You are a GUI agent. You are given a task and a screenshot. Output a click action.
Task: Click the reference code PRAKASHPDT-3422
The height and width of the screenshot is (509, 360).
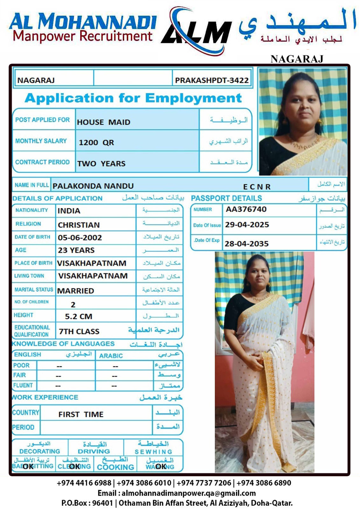212,80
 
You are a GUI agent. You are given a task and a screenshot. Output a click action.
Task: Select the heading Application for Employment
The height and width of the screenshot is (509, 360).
133,98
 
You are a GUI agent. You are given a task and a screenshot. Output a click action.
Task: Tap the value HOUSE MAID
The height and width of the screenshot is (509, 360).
103,122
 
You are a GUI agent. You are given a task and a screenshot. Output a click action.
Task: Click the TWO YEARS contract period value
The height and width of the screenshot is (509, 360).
101,164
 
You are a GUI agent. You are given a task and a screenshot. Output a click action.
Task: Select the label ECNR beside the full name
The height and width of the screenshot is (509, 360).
257,187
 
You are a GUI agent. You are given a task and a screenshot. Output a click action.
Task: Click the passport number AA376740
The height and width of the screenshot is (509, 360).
246,209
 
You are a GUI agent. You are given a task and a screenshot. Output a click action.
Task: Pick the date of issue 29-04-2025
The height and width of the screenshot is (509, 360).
247,225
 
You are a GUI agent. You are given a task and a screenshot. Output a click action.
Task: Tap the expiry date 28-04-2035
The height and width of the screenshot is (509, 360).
247,244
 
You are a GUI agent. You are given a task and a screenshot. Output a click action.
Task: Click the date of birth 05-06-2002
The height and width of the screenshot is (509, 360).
80,238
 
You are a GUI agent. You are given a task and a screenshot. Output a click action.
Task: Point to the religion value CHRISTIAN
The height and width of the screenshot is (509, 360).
79,225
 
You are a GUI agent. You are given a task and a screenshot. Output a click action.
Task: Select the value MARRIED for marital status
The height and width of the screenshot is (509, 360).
75,291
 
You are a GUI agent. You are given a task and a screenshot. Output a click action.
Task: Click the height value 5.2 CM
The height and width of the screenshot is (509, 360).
78,317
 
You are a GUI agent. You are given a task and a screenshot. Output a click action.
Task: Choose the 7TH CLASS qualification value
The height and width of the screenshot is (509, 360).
79,331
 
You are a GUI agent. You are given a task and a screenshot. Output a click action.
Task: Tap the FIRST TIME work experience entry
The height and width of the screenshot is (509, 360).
81,415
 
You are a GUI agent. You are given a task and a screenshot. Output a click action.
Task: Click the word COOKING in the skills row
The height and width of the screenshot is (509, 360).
116,467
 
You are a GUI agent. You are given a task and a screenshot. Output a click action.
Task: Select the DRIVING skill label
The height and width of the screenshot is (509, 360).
94,451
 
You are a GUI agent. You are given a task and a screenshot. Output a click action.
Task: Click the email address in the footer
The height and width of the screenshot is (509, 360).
176,493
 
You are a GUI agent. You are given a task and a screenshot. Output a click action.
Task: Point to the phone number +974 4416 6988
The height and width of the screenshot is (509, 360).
84,483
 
